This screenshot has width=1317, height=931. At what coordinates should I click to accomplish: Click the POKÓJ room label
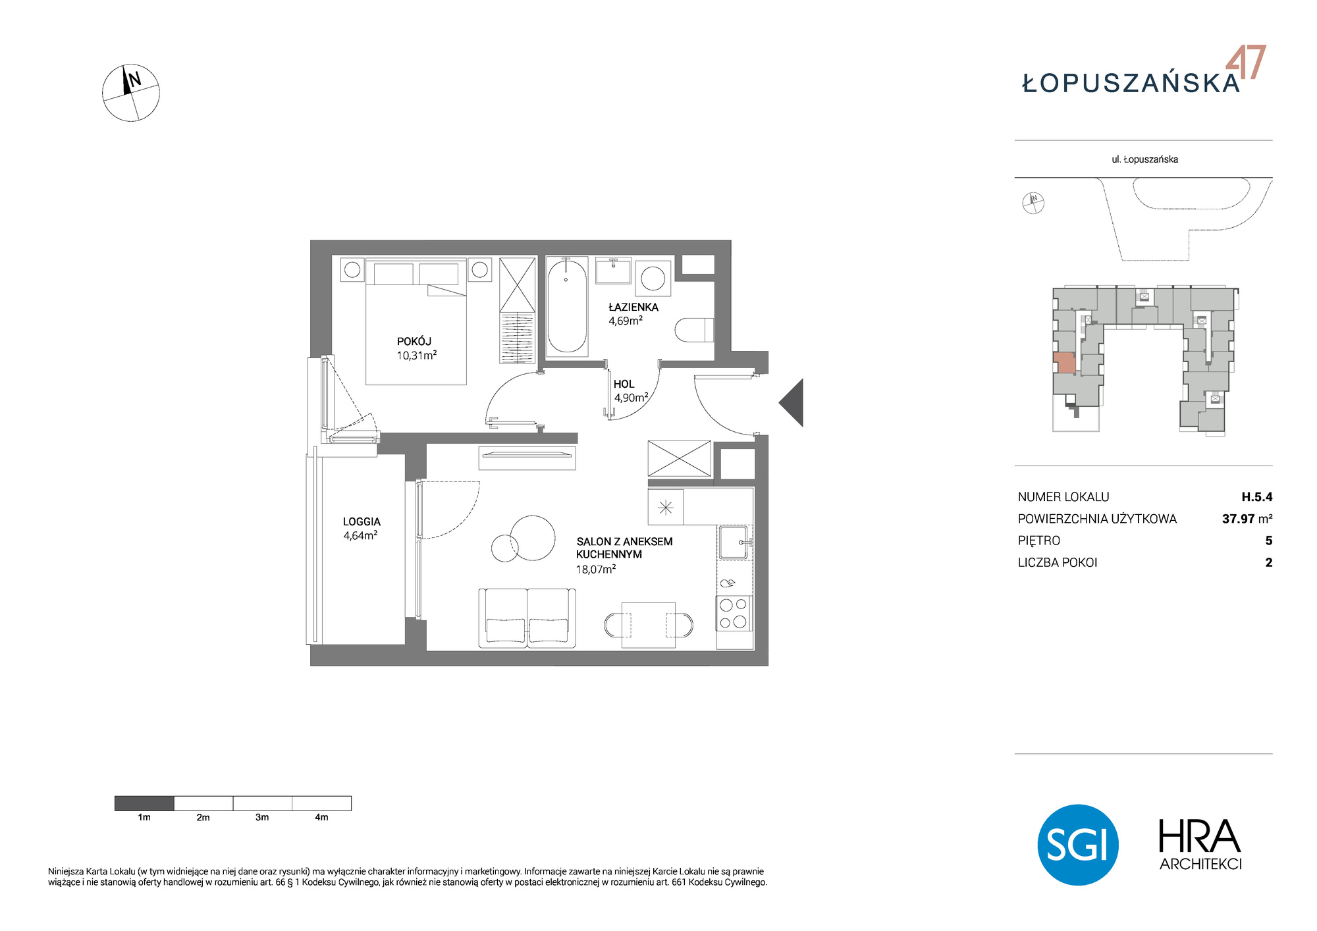pyautogui.click(x=414, y=341)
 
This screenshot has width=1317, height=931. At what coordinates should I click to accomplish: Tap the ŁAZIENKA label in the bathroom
pyautogui.click(x=633, y=307)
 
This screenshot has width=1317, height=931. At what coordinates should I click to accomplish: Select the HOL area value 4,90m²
pyautogui.click(x=632, y=398)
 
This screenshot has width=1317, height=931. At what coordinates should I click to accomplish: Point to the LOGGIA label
pyautogui.click(x=362, y=521)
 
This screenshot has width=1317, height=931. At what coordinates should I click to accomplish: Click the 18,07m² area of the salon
pyautogui.click(x=596, y=569)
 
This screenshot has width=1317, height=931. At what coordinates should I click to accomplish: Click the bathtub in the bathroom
pyautogui.click(x=567, y=306)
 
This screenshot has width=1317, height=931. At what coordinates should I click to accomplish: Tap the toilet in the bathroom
pyautogui.click(x=695, y=330)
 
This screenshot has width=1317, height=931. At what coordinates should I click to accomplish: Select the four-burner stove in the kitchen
pyautogui.click(x=734, y=613)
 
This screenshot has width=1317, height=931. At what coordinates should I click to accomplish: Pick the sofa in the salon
pyautogui.click(x=527, y=618)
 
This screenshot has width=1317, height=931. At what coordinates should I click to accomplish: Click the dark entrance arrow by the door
pyautogui.click(x=792, y=403)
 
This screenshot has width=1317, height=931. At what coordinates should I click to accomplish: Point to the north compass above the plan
pyautogui.click(x=131, y=93)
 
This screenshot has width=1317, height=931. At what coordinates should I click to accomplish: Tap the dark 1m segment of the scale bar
pyautogui.click(x=144, y=803)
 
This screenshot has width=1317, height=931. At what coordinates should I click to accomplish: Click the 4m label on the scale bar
pyautogui.click(x=321, y=818)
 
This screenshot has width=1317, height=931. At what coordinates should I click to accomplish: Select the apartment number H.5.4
pyautogui.click(x=1257, y=497)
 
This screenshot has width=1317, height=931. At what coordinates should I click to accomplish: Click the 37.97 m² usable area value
pyautogui.click(x=1247, y=519)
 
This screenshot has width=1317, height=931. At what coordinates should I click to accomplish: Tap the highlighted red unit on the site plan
pyautogui.click(x=1064, y=363)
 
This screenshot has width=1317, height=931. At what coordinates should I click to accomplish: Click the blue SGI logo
pyautogui.click(x=1078, y=845)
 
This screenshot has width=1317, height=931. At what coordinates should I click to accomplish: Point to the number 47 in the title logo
pyautogui.click(x=1246, y=63)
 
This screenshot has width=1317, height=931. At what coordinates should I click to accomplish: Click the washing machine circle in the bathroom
pyautogui.click(x=653, y=278)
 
